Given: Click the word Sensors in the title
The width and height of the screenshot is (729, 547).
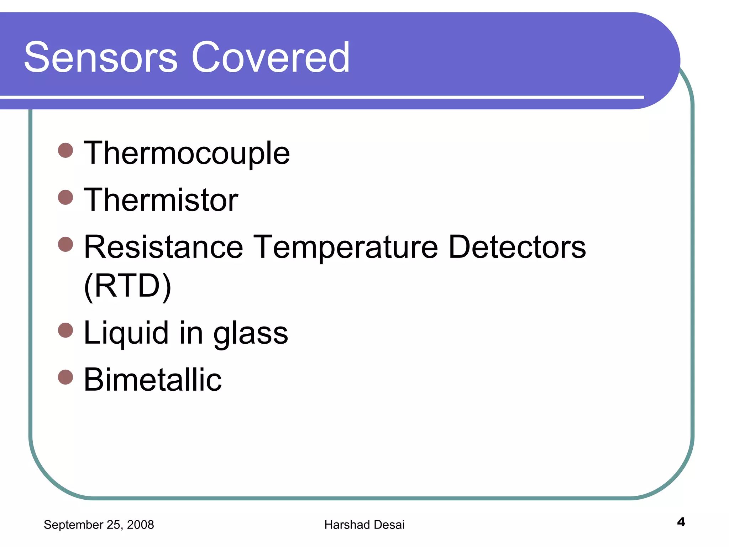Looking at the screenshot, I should [x=101, y=57].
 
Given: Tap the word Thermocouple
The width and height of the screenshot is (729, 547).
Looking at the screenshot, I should [x=187, y=153].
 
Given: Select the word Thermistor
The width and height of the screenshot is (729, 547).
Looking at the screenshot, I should [x=161, y=200].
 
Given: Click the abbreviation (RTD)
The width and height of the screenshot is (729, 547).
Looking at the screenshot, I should [x=127, y=286].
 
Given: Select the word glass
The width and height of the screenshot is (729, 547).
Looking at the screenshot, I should [x=251, y=333].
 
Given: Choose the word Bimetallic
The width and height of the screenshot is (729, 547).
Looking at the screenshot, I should [x=153, y=380].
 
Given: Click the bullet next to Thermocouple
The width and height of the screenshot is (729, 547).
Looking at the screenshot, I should [x=65, y=150].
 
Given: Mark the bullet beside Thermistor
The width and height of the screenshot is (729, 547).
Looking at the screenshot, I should [x=65, y=197].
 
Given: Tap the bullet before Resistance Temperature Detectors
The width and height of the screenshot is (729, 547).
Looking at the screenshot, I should [x=65, y=244].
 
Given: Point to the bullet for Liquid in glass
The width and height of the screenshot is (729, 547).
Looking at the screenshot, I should [x=65, y=330].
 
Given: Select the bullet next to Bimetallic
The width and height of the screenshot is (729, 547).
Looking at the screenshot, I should [x=65, y=377].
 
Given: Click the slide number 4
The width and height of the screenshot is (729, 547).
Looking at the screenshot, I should [x=681, y=522].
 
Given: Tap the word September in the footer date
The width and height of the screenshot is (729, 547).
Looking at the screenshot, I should [x=73, y=525].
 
